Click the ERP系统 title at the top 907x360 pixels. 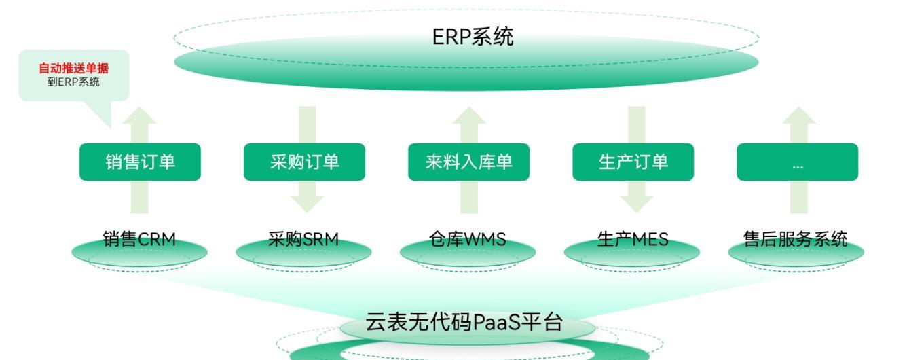(x=473, y=37)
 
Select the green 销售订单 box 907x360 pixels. (x=140, y=162)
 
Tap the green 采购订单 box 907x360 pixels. (x=304, y=162)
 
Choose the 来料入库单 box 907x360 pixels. (x=468, y=162)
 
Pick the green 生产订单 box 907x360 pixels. (x=633, y=162)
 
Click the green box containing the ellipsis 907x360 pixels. (x=797, y=162)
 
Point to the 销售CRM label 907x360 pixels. (x=139, y=239)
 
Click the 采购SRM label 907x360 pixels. (x=303, y=239)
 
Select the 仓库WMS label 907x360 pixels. (x=468, y=239)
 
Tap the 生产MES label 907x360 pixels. (x=633, y=239)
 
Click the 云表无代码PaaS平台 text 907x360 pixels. (x=464, y=323)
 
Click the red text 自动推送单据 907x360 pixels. (x=73, y=69)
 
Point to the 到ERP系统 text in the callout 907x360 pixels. (x=73, y=82)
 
